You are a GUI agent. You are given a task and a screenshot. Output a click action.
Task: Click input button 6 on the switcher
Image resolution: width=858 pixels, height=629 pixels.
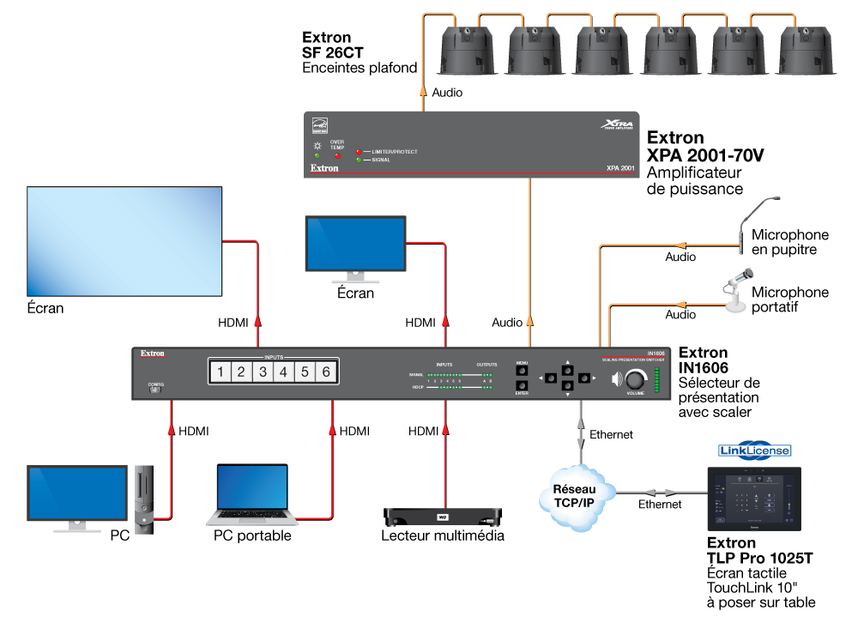(x=326, y=372)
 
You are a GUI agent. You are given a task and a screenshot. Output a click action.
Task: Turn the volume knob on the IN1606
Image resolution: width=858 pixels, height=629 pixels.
(x=636, y=378)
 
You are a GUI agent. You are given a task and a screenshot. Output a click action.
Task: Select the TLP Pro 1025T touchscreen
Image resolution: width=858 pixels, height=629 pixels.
(x=752, y=499)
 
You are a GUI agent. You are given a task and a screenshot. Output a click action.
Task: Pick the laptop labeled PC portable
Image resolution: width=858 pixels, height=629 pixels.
(x=252, y=495)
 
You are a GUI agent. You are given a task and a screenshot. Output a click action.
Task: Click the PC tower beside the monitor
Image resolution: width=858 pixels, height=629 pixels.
(x=143, y=500)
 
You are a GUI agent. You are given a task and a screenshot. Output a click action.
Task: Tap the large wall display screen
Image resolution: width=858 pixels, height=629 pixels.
(x=125, y=240)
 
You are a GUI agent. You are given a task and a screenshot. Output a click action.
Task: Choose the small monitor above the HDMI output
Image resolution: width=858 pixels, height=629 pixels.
(x=355, y=245)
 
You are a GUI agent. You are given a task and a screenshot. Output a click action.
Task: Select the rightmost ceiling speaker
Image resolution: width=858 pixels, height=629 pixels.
(x=809, y=51)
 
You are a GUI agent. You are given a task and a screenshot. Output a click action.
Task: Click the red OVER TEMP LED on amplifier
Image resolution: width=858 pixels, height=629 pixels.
(x=336, y=156)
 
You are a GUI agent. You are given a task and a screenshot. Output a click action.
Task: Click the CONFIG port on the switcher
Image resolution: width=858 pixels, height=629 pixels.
(x=154, y=389)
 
